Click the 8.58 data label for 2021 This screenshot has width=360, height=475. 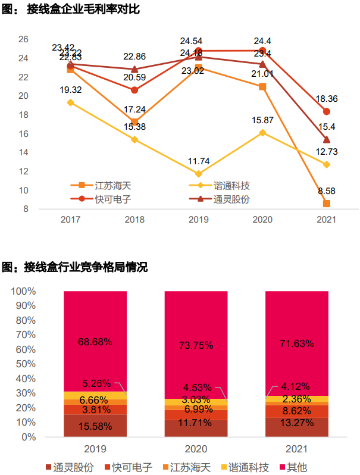325,191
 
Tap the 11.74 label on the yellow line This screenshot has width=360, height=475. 199,161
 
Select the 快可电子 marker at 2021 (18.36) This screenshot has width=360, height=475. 326,111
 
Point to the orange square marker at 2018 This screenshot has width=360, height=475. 134,122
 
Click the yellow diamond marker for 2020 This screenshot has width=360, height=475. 262,133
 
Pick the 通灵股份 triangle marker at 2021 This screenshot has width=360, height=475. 326,139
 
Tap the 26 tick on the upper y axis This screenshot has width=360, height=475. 24,39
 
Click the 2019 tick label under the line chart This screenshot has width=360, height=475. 198,219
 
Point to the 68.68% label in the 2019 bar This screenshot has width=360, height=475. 95,342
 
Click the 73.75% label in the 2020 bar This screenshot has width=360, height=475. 196,345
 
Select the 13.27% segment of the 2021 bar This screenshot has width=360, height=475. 296,427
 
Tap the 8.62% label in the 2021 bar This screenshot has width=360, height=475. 296,411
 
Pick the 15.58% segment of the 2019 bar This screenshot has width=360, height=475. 95,426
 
